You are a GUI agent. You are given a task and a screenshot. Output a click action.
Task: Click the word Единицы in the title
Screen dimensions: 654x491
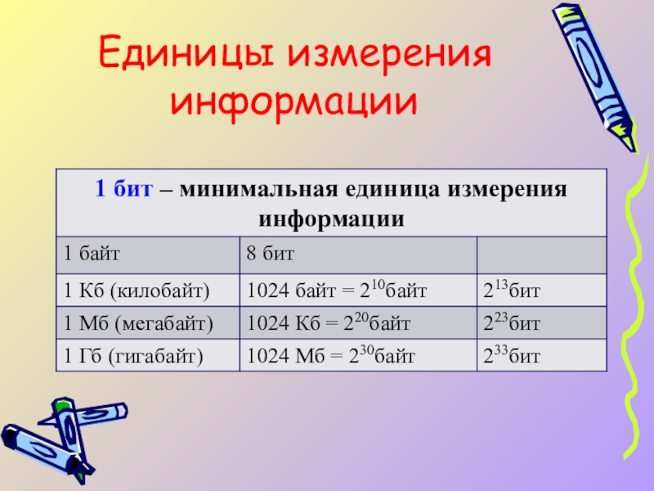(x=186, y=53)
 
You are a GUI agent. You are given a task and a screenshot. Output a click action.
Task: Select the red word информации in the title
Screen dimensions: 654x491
(x=294, y=102)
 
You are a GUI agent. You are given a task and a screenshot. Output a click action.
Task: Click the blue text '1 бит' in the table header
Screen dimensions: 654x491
(x=124, y=188)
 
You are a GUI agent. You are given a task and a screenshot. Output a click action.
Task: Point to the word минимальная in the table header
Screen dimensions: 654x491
(x=258, y=189)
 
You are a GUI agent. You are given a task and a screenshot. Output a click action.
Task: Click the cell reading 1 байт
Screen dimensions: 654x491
(x=148, y=255)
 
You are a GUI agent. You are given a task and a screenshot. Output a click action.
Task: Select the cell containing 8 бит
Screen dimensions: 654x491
(x=358, y=255)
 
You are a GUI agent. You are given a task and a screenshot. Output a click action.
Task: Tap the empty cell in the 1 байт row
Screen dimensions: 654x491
(x=541, y=255)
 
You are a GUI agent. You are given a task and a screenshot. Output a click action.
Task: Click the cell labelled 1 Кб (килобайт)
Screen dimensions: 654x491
(x=148, y=291)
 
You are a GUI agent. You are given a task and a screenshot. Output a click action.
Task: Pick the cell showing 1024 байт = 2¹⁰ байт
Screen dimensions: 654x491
(x=358, y=291)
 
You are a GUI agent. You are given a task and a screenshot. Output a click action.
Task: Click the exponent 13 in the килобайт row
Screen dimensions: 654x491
(x=501, y=285)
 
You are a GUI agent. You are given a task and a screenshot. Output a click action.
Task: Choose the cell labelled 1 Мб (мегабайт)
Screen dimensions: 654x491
(x=148, y=322)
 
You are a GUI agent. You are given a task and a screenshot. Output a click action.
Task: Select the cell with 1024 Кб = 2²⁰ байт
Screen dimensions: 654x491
(x=358, y=322)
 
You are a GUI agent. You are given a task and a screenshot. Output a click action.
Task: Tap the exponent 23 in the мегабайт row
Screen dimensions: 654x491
(x=501, y=318)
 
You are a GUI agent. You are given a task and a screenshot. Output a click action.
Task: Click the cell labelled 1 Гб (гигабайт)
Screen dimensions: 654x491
(x=148, y=355)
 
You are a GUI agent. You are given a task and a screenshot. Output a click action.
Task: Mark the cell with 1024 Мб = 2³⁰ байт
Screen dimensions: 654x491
(x=358, y=355)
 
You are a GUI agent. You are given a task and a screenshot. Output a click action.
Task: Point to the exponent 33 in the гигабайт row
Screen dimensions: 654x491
(x=501, y=350)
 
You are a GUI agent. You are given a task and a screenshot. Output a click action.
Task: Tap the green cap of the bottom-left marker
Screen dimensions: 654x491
(x=63, y=405)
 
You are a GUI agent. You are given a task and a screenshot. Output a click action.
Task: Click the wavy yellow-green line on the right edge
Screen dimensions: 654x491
(x=634, y=304)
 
